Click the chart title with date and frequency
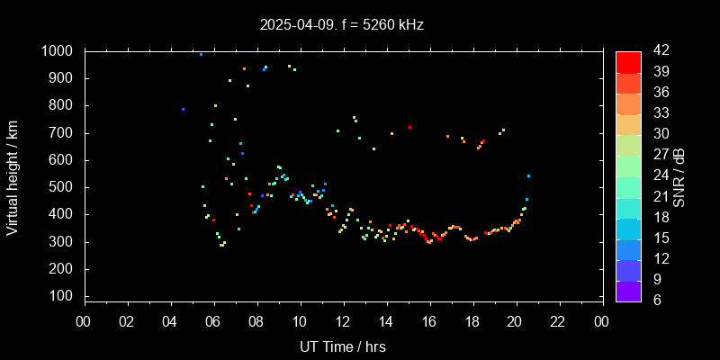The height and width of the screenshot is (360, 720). pyautogui.click(x=341, y=24)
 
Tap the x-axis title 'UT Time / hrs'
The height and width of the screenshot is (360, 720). pyautogui.click(x=342, y=346)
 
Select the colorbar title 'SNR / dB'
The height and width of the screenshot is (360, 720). pyautogui.click(x=679, y=176)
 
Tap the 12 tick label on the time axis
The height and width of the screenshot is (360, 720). pyautogui.click(x=343, y=321)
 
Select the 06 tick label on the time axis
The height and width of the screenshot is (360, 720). pyautogui.click(x=213, y=321)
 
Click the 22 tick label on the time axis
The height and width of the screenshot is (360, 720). pyautogui.click(x=559, y=321)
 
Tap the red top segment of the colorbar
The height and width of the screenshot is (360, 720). pyautogui.click(x=628, y=61)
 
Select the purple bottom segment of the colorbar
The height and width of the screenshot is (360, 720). pyautogui.click(x=628, y=290)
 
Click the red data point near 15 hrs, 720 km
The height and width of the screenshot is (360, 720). pyautogui.click(x=409, y=128)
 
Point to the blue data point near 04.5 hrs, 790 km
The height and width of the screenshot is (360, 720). pyautogui.click(x=183, y=110)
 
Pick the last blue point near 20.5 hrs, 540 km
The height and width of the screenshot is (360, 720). pyautogui.click(x=528, y=176)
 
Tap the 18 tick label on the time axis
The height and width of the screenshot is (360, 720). pyautogui.click(x=472, y=321)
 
